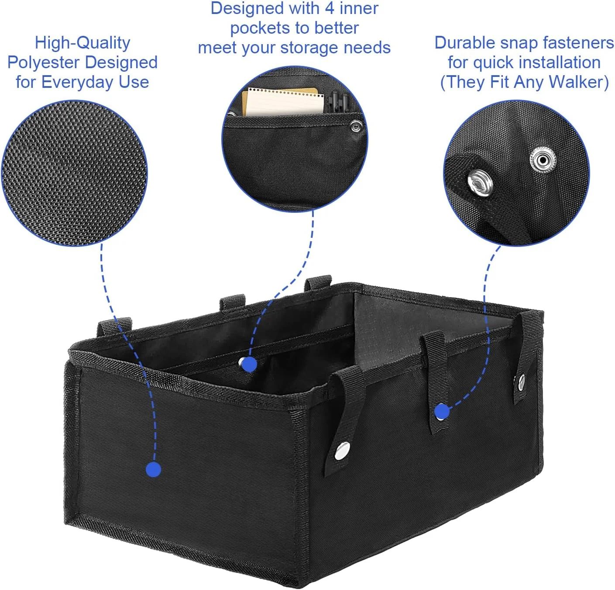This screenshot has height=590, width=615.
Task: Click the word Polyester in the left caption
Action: [43, 62]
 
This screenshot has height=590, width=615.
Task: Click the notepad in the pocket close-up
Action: [283, 102]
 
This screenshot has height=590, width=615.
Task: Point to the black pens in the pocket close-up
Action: [338, 102]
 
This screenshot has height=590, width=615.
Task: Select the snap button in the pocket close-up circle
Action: [356, 127]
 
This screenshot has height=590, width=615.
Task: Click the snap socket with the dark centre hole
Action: [543, 160]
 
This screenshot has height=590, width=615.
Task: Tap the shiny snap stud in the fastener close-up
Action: [480, 183]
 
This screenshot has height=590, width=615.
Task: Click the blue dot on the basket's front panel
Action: [154, 469]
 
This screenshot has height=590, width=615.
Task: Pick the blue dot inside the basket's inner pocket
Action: [249, 364]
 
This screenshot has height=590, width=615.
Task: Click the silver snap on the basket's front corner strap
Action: [342, 451]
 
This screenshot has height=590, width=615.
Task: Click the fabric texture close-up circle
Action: [74, 173]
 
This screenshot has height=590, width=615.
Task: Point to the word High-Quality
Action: [82, 43]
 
